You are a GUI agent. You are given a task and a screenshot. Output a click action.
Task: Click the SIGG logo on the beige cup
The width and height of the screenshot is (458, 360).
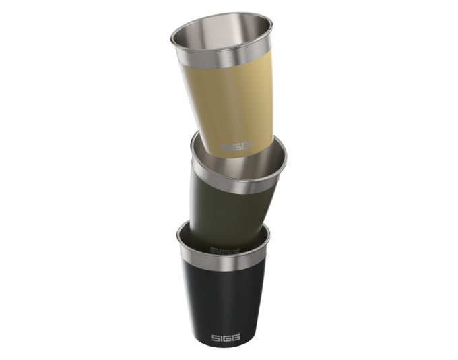(x=235, y=146)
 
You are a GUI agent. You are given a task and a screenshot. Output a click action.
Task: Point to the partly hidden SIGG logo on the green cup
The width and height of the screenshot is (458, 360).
(x=225, y=251)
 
